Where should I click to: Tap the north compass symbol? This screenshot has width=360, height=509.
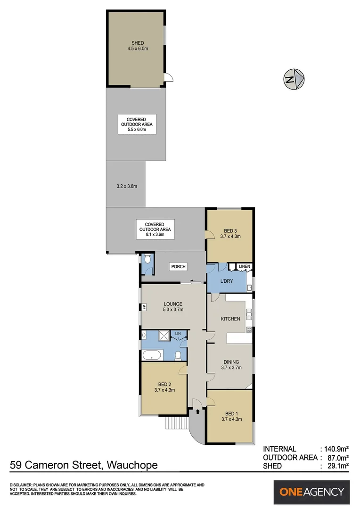pyautogui.click(x=295, y=79)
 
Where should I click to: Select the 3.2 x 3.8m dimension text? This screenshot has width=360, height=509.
pyautogui.click(x=126, y=186)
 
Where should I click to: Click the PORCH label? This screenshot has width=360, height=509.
pyautogui.click(x=178, y=267)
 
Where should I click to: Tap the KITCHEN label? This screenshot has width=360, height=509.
pyautogui.click(x=231, y=319)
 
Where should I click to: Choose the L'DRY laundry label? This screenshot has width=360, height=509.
pyautogui.click(x=228, y=281)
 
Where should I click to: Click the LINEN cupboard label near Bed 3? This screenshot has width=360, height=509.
pyautogui.click(x=245, y=267)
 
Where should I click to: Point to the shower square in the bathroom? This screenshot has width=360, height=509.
pyautogui.click(x=164, y=336)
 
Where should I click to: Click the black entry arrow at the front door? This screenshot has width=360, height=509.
pyautogui.click(x=197, y=411)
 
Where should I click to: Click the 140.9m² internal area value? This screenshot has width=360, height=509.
pyautogui.click(x=334, y=449)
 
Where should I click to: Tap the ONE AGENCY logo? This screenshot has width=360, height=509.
pyautogui.click(x=312, y=492)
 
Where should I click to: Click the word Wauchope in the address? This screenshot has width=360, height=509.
pyautogui.click(x=132, y=466)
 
